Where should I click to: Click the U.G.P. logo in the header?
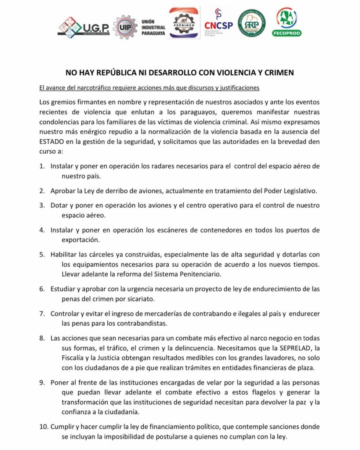click(x=83, y=27)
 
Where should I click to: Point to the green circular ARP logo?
click(x=251, y=23)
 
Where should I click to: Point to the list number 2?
click(x=42, y=191)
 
